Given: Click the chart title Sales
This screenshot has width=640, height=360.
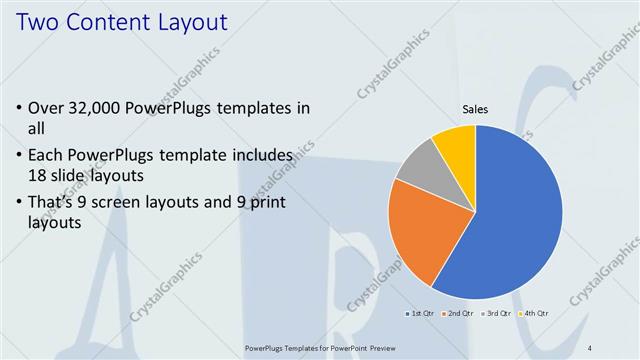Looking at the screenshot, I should tap(474, 112).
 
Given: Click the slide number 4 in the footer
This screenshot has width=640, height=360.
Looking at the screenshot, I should tap(590, 348).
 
